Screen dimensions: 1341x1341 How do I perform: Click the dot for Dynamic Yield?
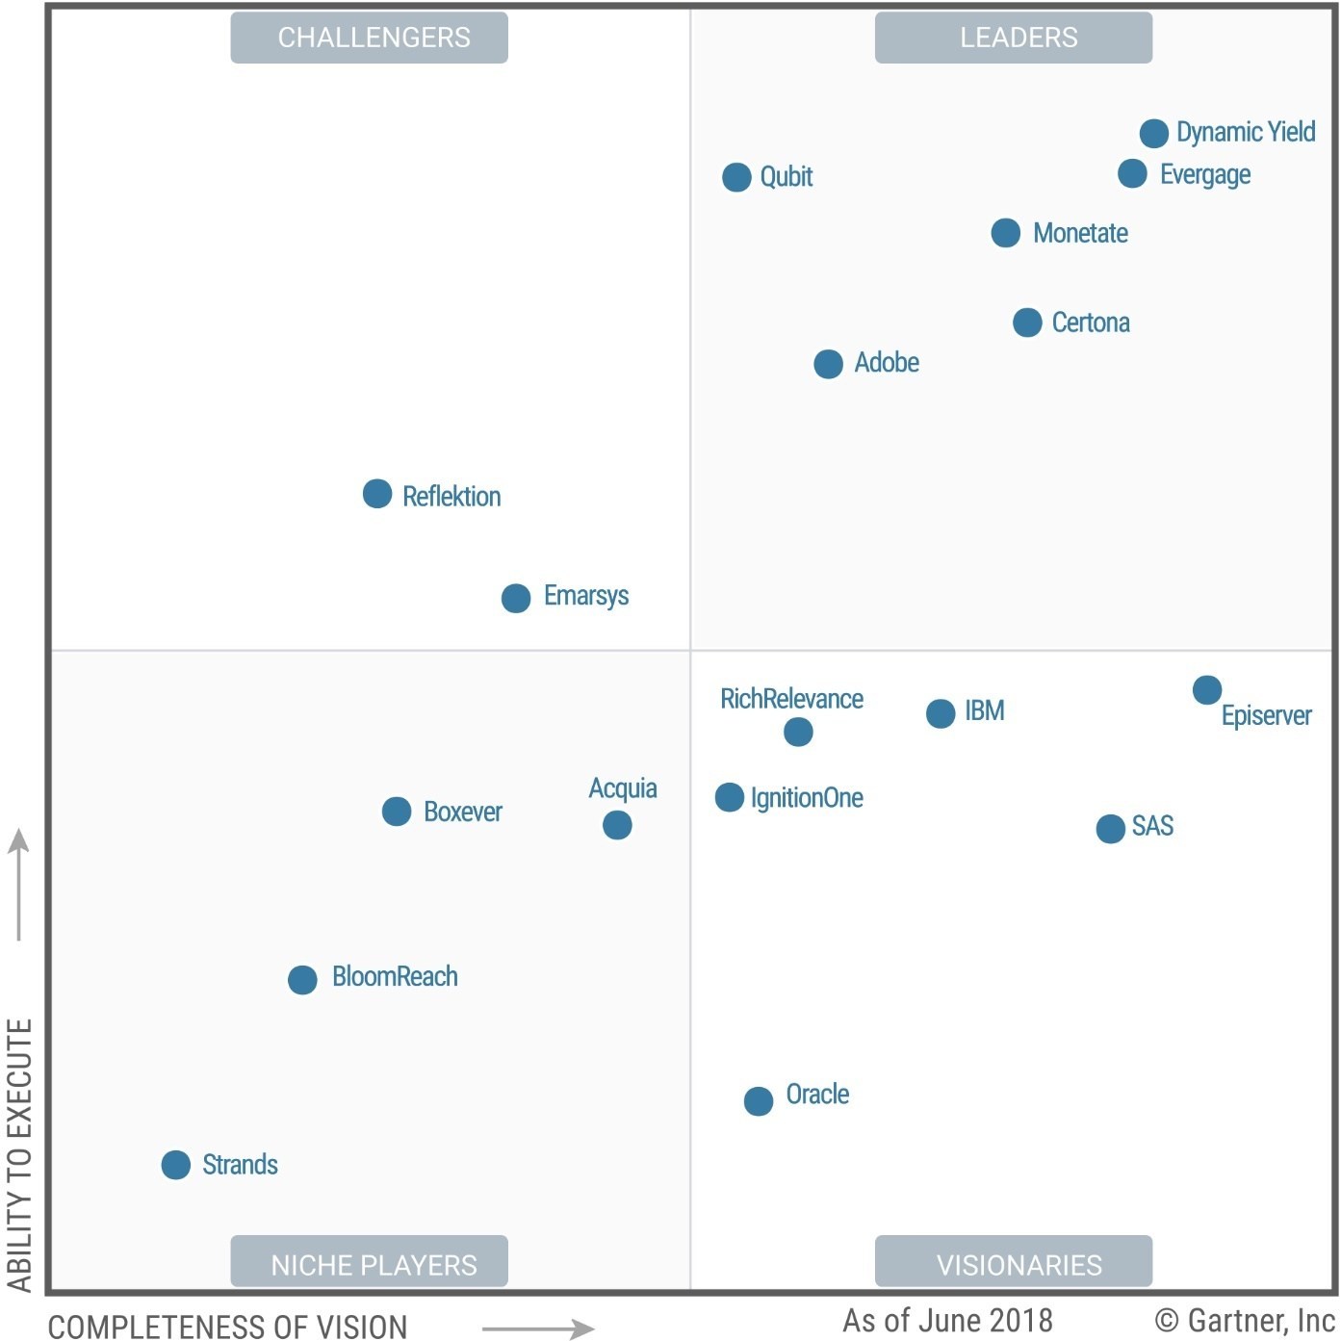click(x=1153, y=133)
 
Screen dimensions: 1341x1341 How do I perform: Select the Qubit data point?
click(x=736, y=177)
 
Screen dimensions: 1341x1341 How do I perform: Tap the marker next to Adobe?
click(x=828, y=364)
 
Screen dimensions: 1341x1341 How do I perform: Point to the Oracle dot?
click(x=759, y=1100)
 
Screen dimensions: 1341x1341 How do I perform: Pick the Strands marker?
click(x=176, y=1165)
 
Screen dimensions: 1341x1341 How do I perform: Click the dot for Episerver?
click(x=1206, y=689)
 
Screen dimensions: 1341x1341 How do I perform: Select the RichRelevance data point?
click(x=798, y=732)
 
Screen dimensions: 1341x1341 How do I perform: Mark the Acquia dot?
click(x=617, y=825)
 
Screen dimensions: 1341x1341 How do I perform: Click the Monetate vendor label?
click(x=1080, y=233)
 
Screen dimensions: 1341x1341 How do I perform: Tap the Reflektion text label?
click(x=451, y=497)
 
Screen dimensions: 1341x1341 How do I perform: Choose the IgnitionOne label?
click(x=807, y=798)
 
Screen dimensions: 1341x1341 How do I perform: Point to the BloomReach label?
click(x=395, y=977)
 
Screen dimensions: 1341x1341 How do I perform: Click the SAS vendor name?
click(x=1152, y=826)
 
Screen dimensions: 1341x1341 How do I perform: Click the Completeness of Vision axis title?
click(x=228, y=1327)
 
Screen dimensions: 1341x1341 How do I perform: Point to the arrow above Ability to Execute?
click(x=18, y=884)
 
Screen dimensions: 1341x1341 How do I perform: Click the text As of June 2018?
click(x=948, y=1320)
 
